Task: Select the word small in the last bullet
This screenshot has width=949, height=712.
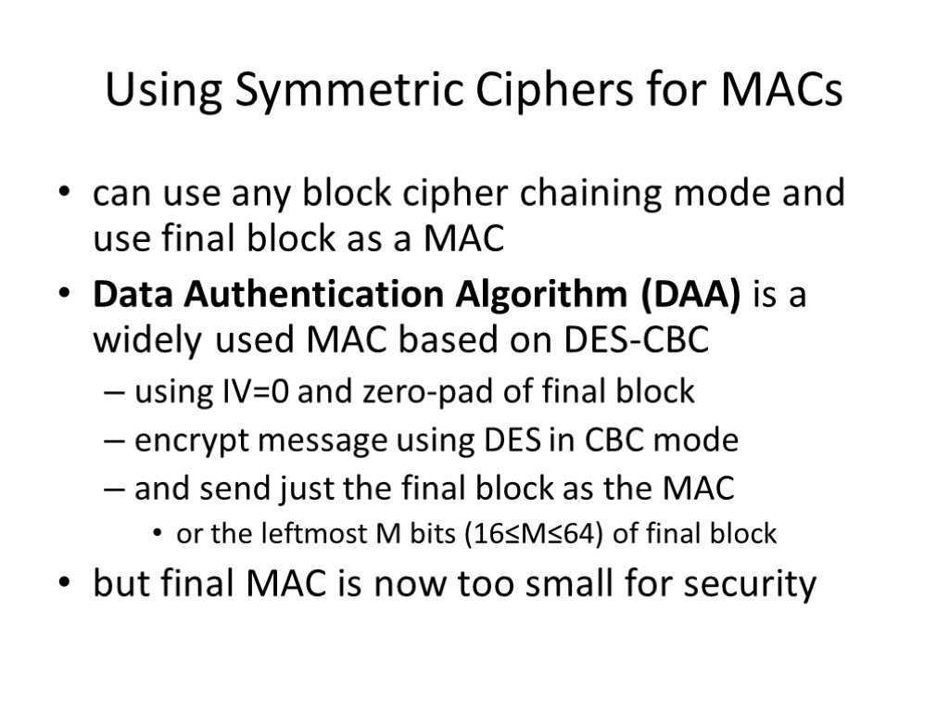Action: pos(525,584)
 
